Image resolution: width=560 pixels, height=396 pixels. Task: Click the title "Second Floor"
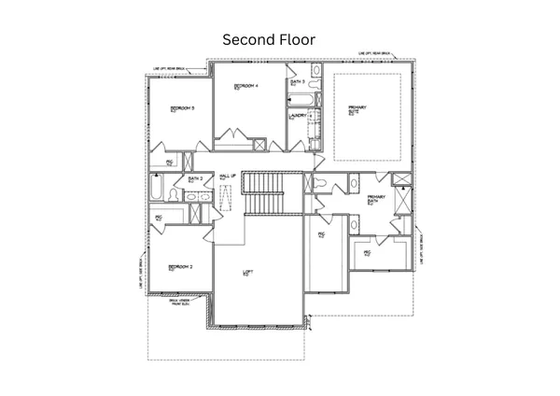(x=268, y=40)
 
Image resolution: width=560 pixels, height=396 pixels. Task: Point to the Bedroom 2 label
(x=180, y=267)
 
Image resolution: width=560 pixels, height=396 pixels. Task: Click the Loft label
(x=247, y=273)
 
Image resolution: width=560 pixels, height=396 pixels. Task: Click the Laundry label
(x=298, y=117)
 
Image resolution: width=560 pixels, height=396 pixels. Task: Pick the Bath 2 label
(x=195, y=179)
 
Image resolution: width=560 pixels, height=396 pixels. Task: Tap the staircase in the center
(x=263, y=192)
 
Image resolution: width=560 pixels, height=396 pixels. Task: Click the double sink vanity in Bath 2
(x=196, y=196)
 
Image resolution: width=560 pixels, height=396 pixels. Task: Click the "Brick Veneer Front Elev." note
(x=180, y=303)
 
